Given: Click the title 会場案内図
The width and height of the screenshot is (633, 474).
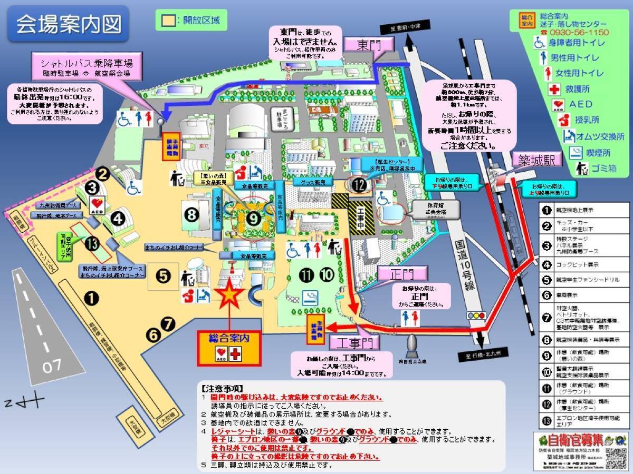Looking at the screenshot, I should (69, 23).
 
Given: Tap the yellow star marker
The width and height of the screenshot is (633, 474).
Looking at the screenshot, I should (230, 296).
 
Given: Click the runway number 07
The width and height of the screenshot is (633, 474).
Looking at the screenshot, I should (52, 366).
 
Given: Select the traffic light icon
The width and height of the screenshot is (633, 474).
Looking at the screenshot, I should (476, 315).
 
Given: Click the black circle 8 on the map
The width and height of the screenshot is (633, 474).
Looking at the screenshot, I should (191, 214).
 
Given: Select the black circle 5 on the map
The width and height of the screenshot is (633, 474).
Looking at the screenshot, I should (163, 274).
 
